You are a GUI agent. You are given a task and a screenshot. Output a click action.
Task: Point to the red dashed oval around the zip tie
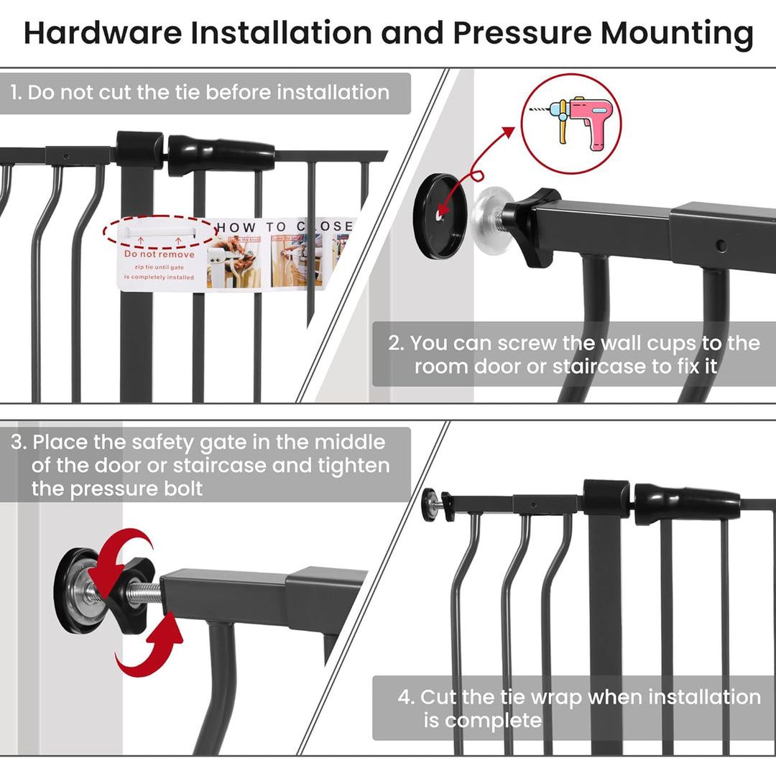pyautogui.click(x=158, y=231)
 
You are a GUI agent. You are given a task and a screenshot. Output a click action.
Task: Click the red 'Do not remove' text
pyautogui.click(x=159, y=254)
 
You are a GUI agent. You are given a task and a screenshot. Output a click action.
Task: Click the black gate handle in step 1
pyautogui.click(x=221, y=155)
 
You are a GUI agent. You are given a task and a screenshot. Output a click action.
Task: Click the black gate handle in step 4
pyautogui.click(x=687, y=502)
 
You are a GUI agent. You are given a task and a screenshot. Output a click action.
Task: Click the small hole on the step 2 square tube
pyautogui.click(x=721, y=246)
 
